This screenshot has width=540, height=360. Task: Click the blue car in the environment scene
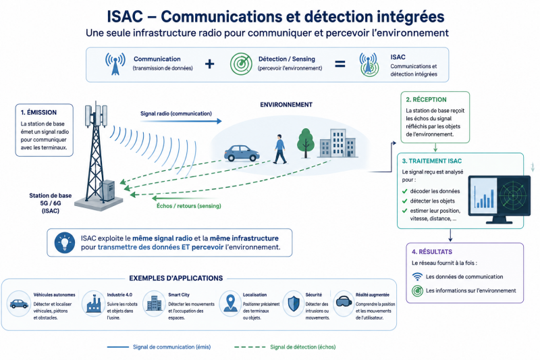(x=242, y=153)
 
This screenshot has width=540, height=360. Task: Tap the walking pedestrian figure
(x=280, y=149)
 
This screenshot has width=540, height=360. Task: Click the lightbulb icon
(x=64, y=242)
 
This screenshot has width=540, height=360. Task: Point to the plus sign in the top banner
(x=209, y=64)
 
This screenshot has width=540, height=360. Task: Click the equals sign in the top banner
(x=340, y=64)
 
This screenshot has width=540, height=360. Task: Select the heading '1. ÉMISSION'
(x=38, y=112)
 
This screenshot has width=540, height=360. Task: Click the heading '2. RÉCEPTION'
(x=426, y=99)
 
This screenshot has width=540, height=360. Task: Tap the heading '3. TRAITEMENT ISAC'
(x=432, y=161)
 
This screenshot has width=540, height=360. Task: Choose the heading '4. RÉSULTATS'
(x=432, y=252)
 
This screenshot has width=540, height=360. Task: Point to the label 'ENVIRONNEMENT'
(x=286, y=105)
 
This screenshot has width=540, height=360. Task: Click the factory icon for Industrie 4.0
(x=94, y=303)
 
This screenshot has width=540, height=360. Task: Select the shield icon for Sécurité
(x=294, y=303)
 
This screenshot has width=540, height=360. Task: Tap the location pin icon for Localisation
(x=230, y=303)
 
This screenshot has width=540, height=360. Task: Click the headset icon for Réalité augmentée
(x=344, y=302)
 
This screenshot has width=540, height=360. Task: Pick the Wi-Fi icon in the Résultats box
(x=417, y=276)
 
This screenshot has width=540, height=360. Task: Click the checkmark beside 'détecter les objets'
(x=404, y=201)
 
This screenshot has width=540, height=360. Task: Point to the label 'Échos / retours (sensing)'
(x=189, y=206)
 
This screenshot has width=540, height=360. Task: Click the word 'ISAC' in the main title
(x=125, y=16)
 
